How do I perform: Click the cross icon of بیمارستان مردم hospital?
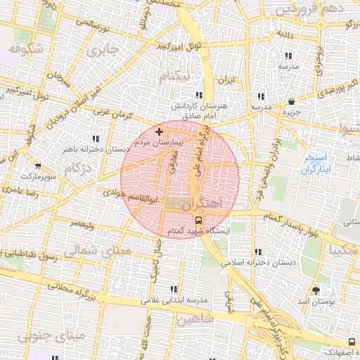coord(159,131)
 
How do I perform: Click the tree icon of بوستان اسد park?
coord(314,290)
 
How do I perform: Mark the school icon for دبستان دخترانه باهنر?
coord(96,138)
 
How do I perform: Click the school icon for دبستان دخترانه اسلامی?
coord(259,251)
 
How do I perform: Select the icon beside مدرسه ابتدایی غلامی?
coord(174,289)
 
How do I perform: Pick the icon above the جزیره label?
coord(292,101)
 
